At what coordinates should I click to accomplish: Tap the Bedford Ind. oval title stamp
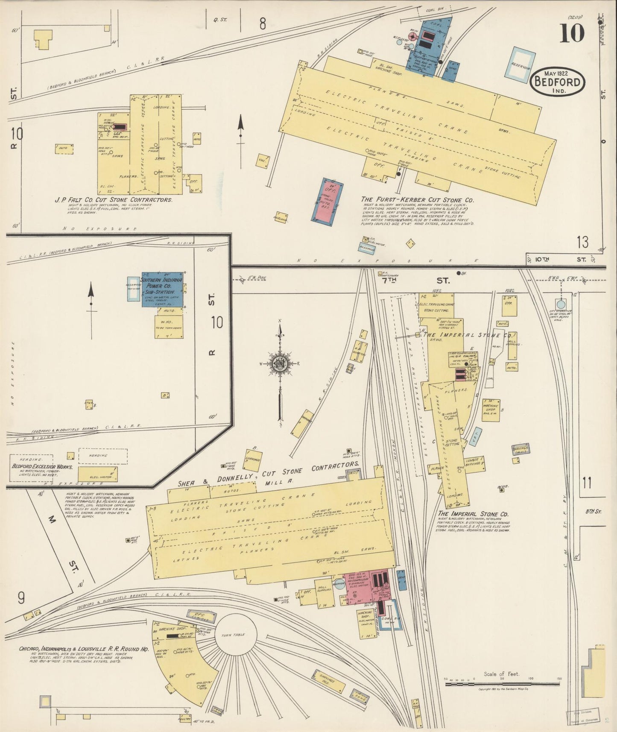(557, 81)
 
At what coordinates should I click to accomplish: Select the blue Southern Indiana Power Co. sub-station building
(162, 289)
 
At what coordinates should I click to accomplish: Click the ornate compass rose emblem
(280, 364)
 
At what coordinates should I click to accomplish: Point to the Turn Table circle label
(233, 635)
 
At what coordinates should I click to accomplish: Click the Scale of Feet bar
(502, 684)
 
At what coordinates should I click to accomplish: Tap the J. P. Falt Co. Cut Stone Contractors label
(113, 200)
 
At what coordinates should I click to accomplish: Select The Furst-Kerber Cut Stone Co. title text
(417, 200)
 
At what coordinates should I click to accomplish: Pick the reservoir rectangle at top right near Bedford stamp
(520, 64)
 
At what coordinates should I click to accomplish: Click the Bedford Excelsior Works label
(42, 467)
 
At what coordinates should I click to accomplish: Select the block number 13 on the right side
(582, 243)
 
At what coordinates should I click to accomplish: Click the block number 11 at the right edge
(587, 483)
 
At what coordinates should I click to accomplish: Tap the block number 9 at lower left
(20, 599)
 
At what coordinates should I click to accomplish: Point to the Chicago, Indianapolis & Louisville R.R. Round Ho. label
(84, 649)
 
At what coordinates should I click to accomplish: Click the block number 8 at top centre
(262, 24)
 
